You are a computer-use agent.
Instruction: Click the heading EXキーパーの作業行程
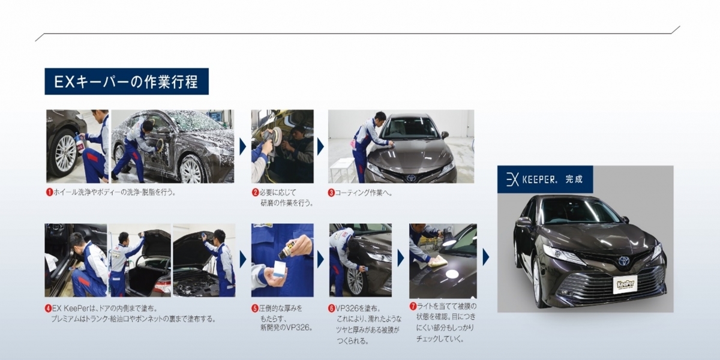[127, 82]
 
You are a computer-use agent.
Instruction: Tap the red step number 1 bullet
[49, 193]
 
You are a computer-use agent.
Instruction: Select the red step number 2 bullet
[255, 193]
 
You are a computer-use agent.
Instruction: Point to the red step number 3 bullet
[331, 193]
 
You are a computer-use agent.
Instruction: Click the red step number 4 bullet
[48, 308]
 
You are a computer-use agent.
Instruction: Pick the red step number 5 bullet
[255, 308]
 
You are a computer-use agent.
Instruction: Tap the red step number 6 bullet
[331, 308]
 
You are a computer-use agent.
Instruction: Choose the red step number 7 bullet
[413, 307]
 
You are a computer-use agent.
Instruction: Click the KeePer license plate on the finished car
[625, 284]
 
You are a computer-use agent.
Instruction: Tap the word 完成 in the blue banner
[574, 179]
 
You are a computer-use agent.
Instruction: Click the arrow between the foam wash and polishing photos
[242, 146]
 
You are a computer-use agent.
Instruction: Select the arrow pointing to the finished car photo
[485, 257]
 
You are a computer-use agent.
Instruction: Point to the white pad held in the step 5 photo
[277, 268]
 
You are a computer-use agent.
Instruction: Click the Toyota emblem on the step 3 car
[411, 178]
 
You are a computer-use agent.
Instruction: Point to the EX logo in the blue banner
[512, 179]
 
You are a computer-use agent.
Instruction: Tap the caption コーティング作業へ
[364, 193]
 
